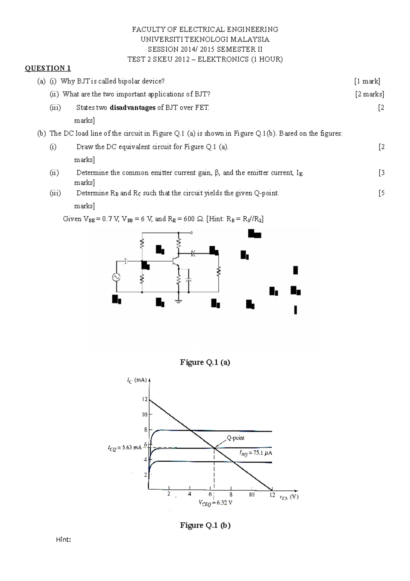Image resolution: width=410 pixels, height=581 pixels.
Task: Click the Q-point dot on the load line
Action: (x=214, y=448)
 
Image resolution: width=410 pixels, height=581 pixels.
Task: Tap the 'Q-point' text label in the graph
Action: (x=235, y=438)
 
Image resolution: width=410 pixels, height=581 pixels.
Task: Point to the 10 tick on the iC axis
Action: (x=145, y=414)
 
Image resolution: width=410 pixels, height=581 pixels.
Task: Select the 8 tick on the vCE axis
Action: (x=231, y=494)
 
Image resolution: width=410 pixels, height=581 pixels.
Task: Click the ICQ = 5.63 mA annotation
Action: (x=124, y=448)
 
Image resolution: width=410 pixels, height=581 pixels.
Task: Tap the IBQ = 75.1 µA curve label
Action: (x=256, y=453)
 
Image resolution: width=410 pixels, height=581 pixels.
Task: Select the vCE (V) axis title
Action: (x=289, y=497)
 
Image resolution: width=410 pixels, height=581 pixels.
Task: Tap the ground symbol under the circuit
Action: (x=178, y=301)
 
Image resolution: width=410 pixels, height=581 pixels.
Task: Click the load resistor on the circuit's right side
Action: (x=219, y=272)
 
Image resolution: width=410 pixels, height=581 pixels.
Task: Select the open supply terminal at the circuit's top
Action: (x=192, y=233)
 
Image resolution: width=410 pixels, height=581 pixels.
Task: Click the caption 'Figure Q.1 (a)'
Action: (x=205, y=362)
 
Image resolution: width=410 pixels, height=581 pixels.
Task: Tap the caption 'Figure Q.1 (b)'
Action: (x=205, y=526)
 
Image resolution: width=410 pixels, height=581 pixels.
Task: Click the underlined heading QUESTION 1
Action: (x=47, y=68)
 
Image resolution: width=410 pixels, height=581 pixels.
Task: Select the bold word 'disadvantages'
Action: (x=133, y=107)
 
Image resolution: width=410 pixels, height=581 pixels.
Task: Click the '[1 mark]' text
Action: (x=367, y=81)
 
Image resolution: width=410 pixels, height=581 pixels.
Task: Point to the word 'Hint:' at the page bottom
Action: (x=63, y=540)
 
